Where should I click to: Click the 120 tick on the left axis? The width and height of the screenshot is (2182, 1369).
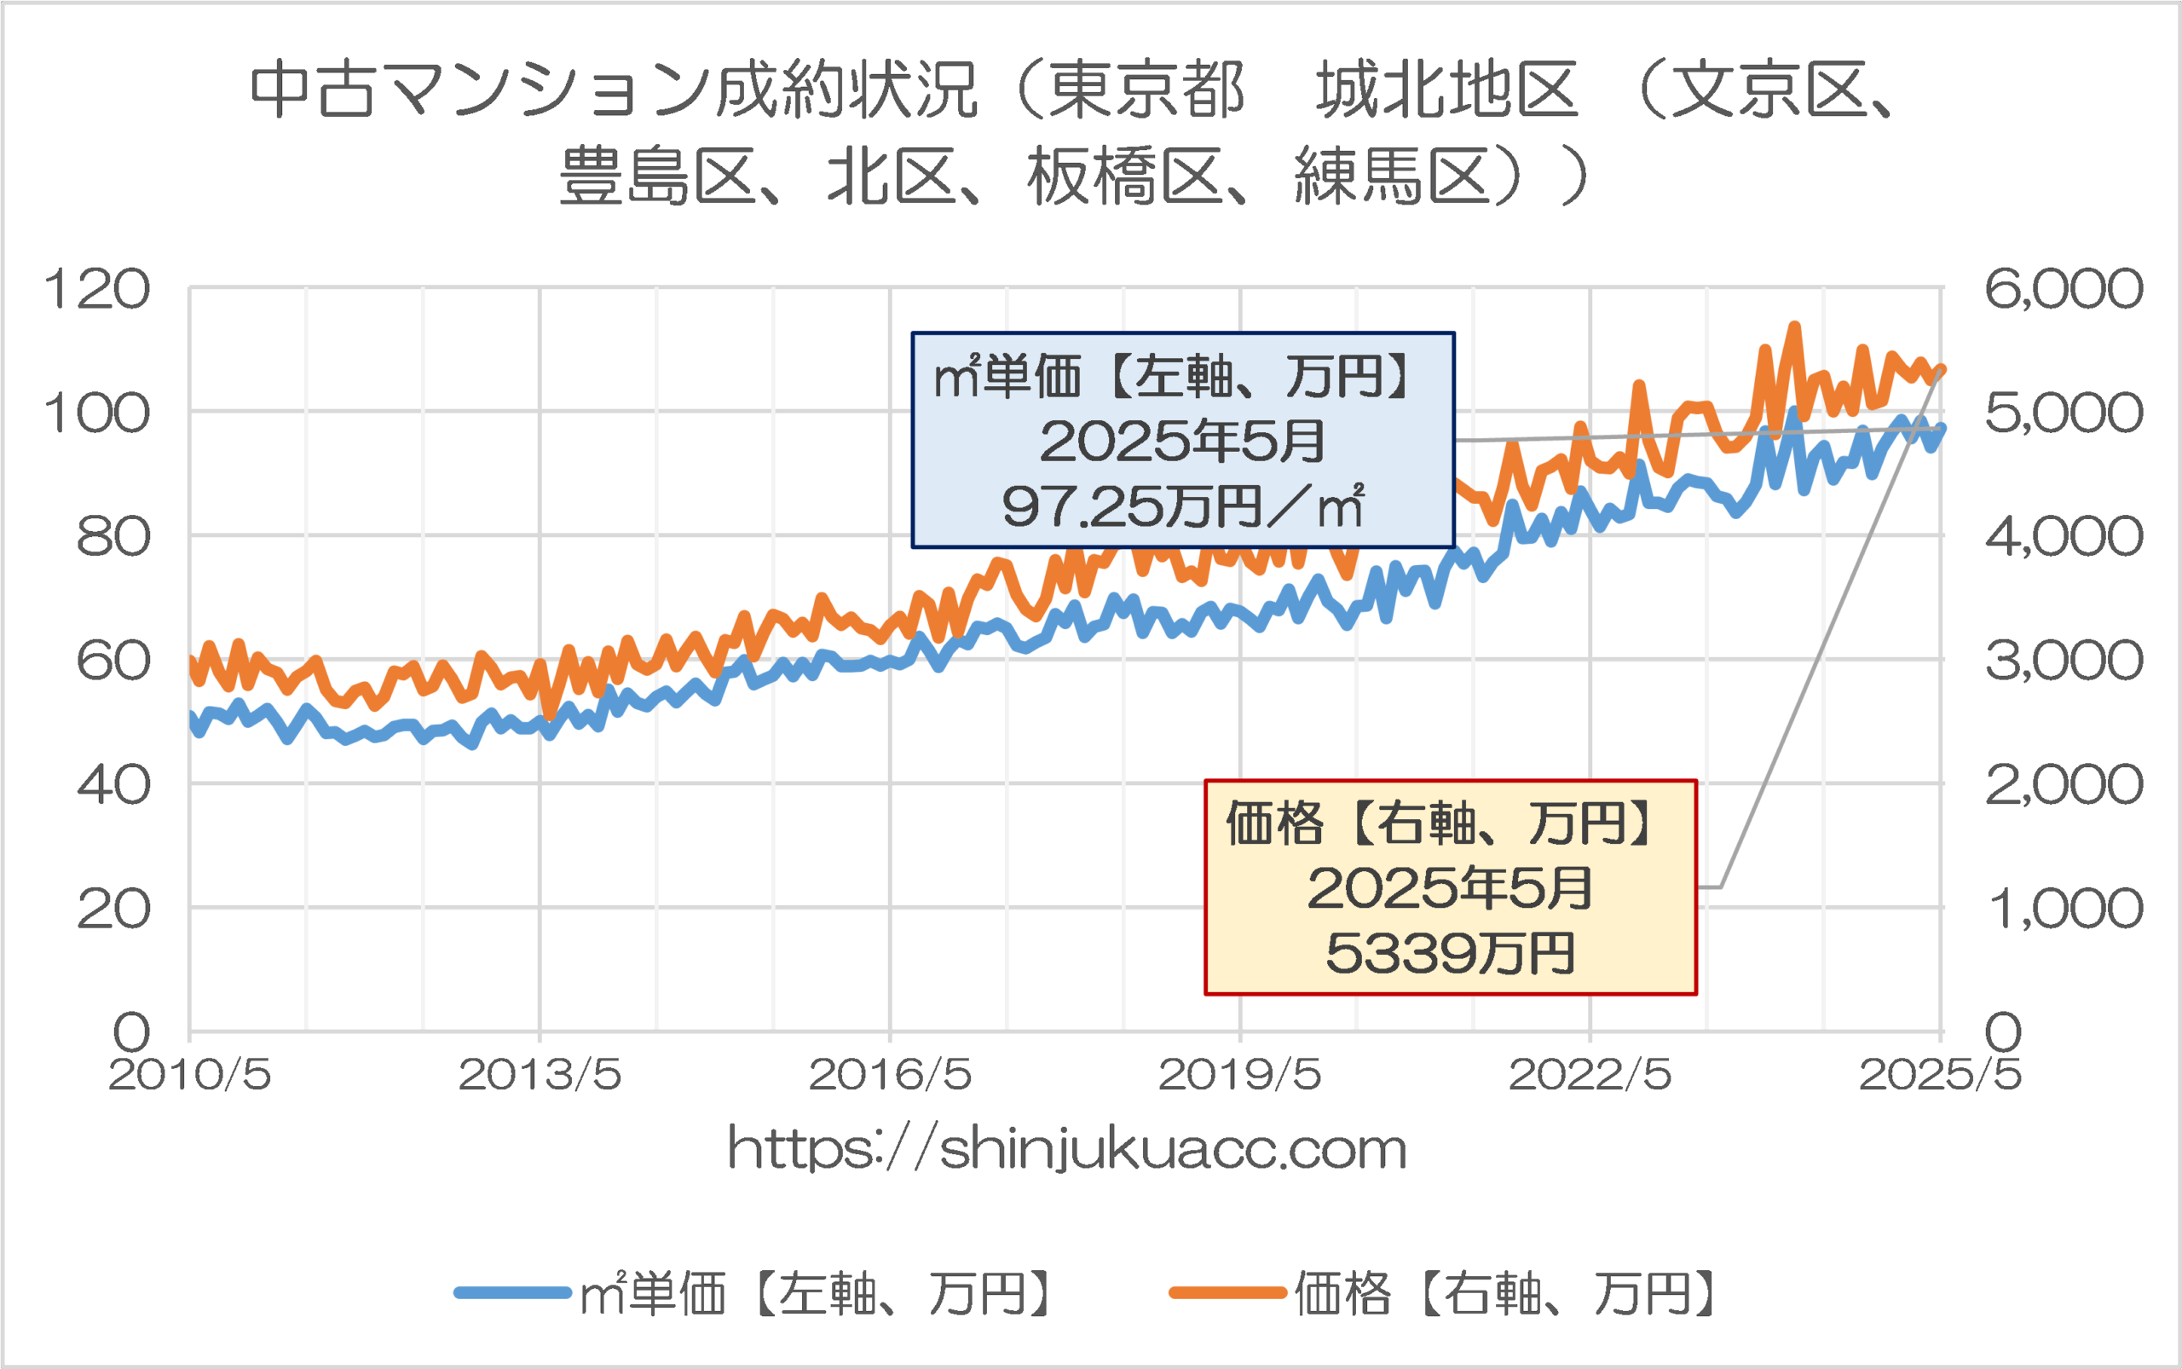96,291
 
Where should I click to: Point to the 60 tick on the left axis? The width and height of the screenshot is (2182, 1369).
113,661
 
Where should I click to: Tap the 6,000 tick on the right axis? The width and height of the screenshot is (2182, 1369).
2064,290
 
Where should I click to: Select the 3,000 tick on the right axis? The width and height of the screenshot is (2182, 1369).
2064,661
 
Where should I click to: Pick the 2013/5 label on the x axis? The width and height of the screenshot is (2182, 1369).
540,1076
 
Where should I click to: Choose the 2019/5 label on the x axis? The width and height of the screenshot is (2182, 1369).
1239,1076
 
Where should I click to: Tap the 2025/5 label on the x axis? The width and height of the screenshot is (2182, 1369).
1939,1076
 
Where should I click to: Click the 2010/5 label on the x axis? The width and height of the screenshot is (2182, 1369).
190,1076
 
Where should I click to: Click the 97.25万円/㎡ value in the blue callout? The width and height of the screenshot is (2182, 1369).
1182,507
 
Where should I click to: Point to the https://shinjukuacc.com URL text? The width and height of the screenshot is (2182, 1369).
1066,1150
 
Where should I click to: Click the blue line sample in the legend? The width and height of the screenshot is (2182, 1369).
512,1293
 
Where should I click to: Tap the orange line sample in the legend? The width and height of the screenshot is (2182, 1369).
1227,1293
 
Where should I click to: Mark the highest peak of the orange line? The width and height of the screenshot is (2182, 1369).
1793,326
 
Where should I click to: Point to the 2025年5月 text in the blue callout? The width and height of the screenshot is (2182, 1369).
1182,442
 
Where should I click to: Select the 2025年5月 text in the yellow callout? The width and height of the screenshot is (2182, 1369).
1450,888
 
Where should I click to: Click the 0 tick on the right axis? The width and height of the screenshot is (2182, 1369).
2003,1032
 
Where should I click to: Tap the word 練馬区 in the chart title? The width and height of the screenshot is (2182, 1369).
1393,176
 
